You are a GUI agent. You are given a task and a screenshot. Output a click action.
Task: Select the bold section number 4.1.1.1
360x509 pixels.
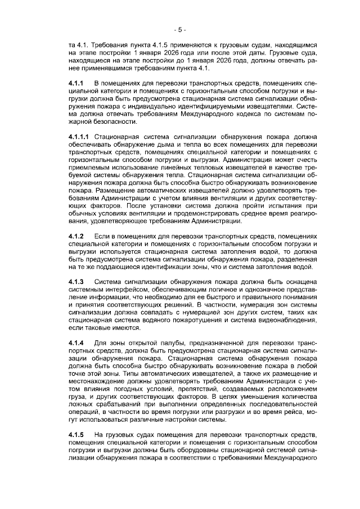click(x=79, y=137)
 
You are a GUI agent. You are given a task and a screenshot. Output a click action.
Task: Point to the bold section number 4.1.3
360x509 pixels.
click(x=76, y=281)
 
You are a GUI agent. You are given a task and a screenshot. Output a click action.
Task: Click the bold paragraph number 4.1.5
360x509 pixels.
click(x=76, y=435)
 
